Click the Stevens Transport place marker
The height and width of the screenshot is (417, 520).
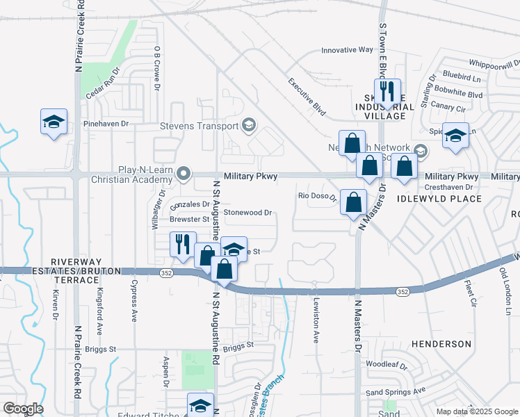pos(247,126)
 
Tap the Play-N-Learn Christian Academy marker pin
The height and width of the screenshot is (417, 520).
pos(184,173)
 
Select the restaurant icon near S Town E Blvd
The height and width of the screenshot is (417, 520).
pos(387,92)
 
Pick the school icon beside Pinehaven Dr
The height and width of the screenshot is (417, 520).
pos(54,122)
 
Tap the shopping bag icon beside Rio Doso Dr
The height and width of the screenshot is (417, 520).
pos(354,202)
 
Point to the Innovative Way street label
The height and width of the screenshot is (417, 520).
pos(347,50)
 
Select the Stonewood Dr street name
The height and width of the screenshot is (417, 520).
pos(247,213)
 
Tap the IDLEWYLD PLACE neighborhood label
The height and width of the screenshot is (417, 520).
pos(439,199)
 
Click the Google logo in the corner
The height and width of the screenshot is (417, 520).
pos(23,409)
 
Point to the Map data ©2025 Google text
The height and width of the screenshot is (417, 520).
pos(476,411)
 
